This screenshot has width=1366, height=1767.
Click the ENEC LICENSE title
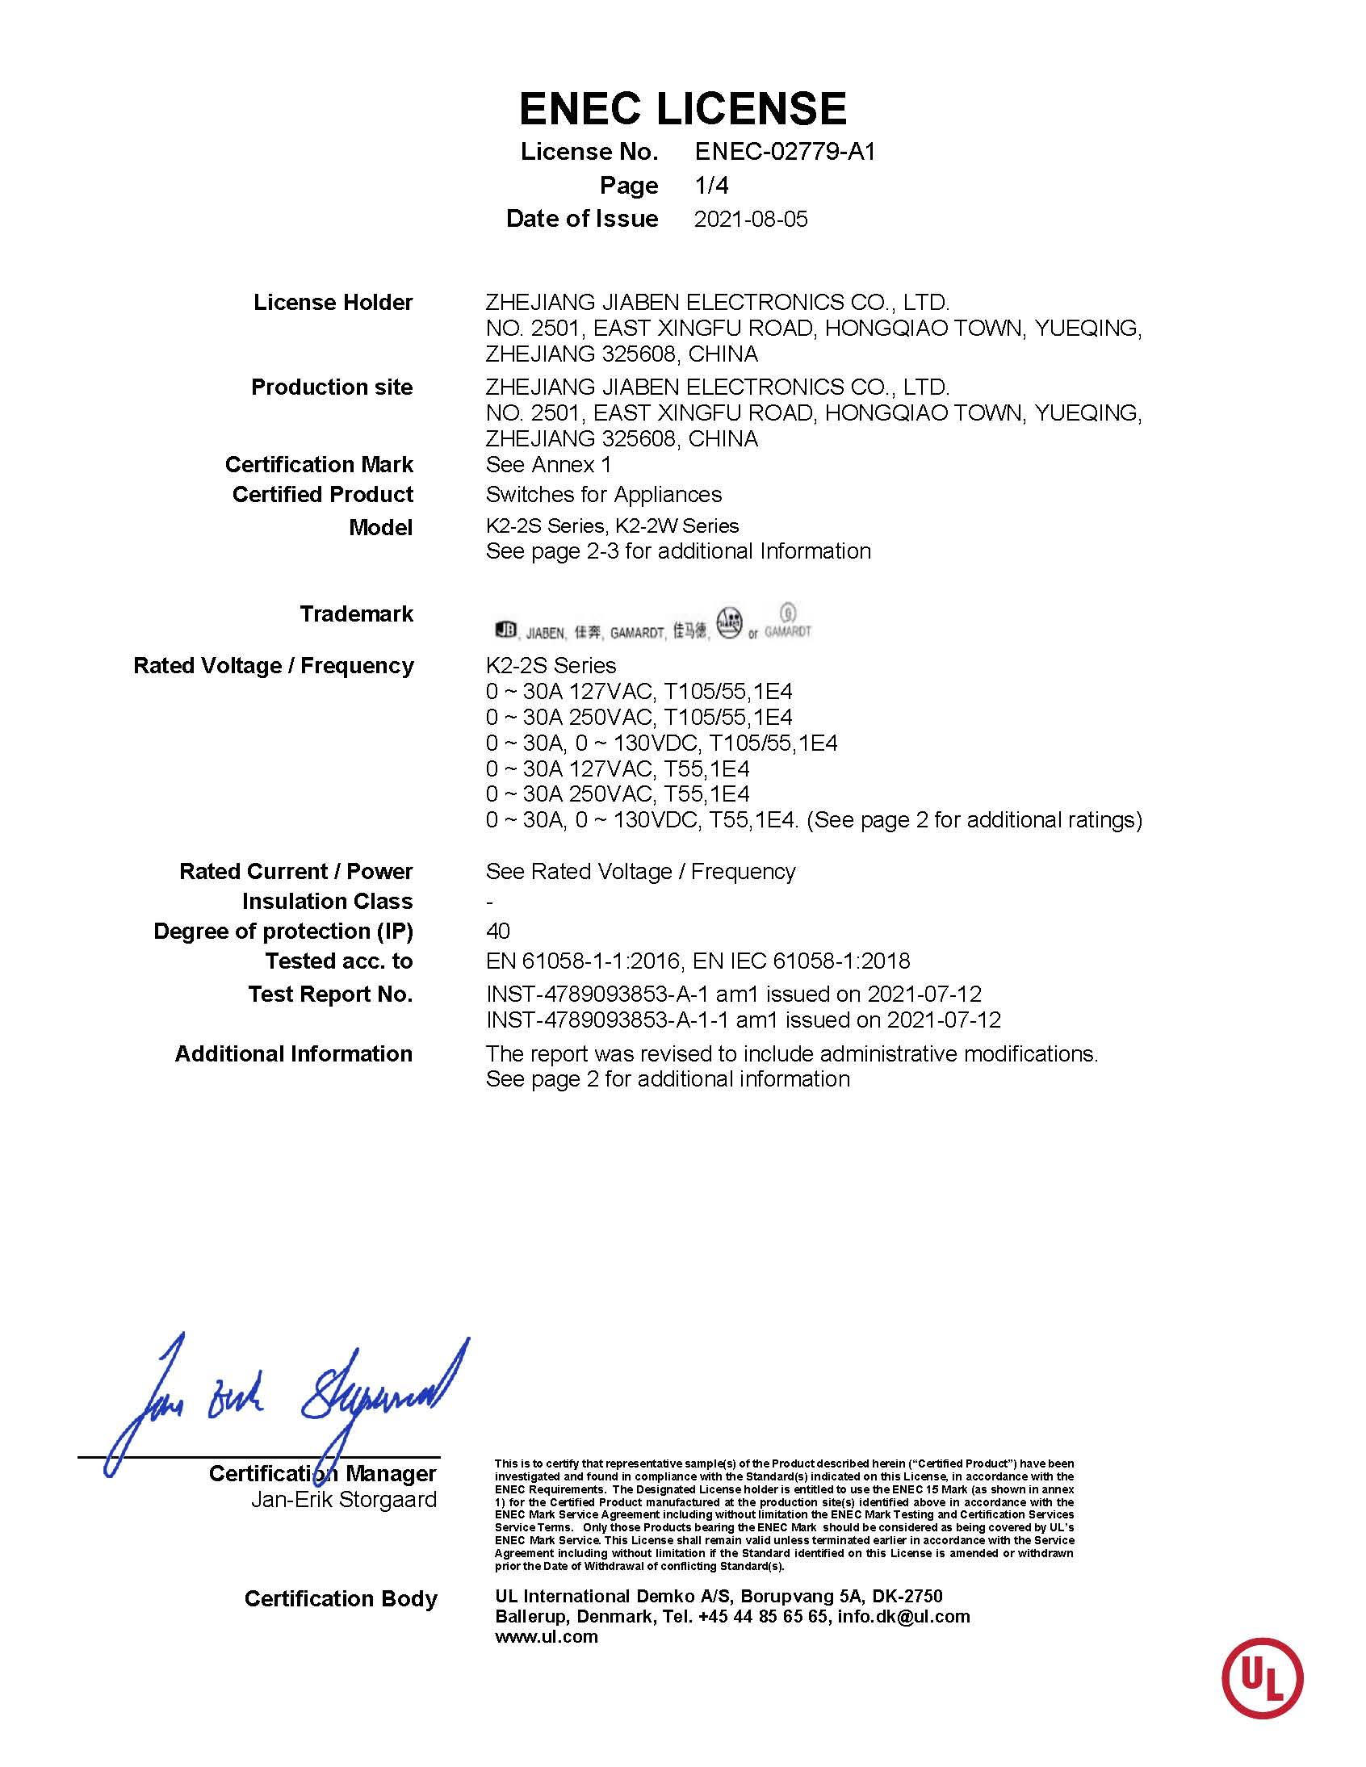pyautogui.click(x=682, y=108)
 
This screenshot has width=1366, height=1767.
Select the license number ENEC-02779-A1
pyautogui.click(x=785, y=152)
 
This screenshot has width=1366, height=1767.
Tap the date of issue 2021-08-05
pyautogui.click(x=750, y=220)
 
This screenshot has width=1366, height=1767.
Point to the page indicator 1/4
pyautogui.click(x=711, y=186)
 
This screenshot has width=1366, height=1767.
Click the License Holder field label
pyautogui.click(x=333, y=303)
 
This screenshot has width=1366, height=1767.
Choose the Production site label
pyautogui.click(x=332, y=387)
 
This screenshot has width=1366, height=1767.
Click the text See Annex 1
pyautogui.click(x=548, y=465)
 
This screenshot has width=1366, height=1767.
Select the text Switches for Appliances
pyautogui.click(x=603, y=494)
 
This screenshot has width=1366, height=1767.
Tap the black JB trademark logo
pyautogui.click(x=505, y=630)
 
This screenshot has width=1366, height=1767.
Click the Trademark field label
pyautogui.click(x=356, y=614)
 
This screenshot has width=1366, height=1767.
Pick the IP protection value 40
pyautogui.click(x=497, y=932)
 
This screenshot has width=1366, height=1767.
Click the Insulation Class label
pyautogui.click(x=327, y=902)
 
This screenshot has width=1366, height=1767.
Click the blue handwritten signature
pyautogui.click(x=283, y=1400)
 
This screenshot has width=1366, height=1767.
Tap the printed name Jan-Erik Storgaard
pyautogui.click(x=343, y=1499)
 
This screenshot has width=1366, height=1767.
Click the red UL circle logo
pyautogui.click(x=1262, y=1679)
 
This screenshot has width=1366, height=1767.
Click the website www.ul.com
pyautogui.click(x=547, y=1637)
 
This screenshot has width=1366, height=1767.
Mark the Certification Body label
pyautogui.click(x=340, y=1599)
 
